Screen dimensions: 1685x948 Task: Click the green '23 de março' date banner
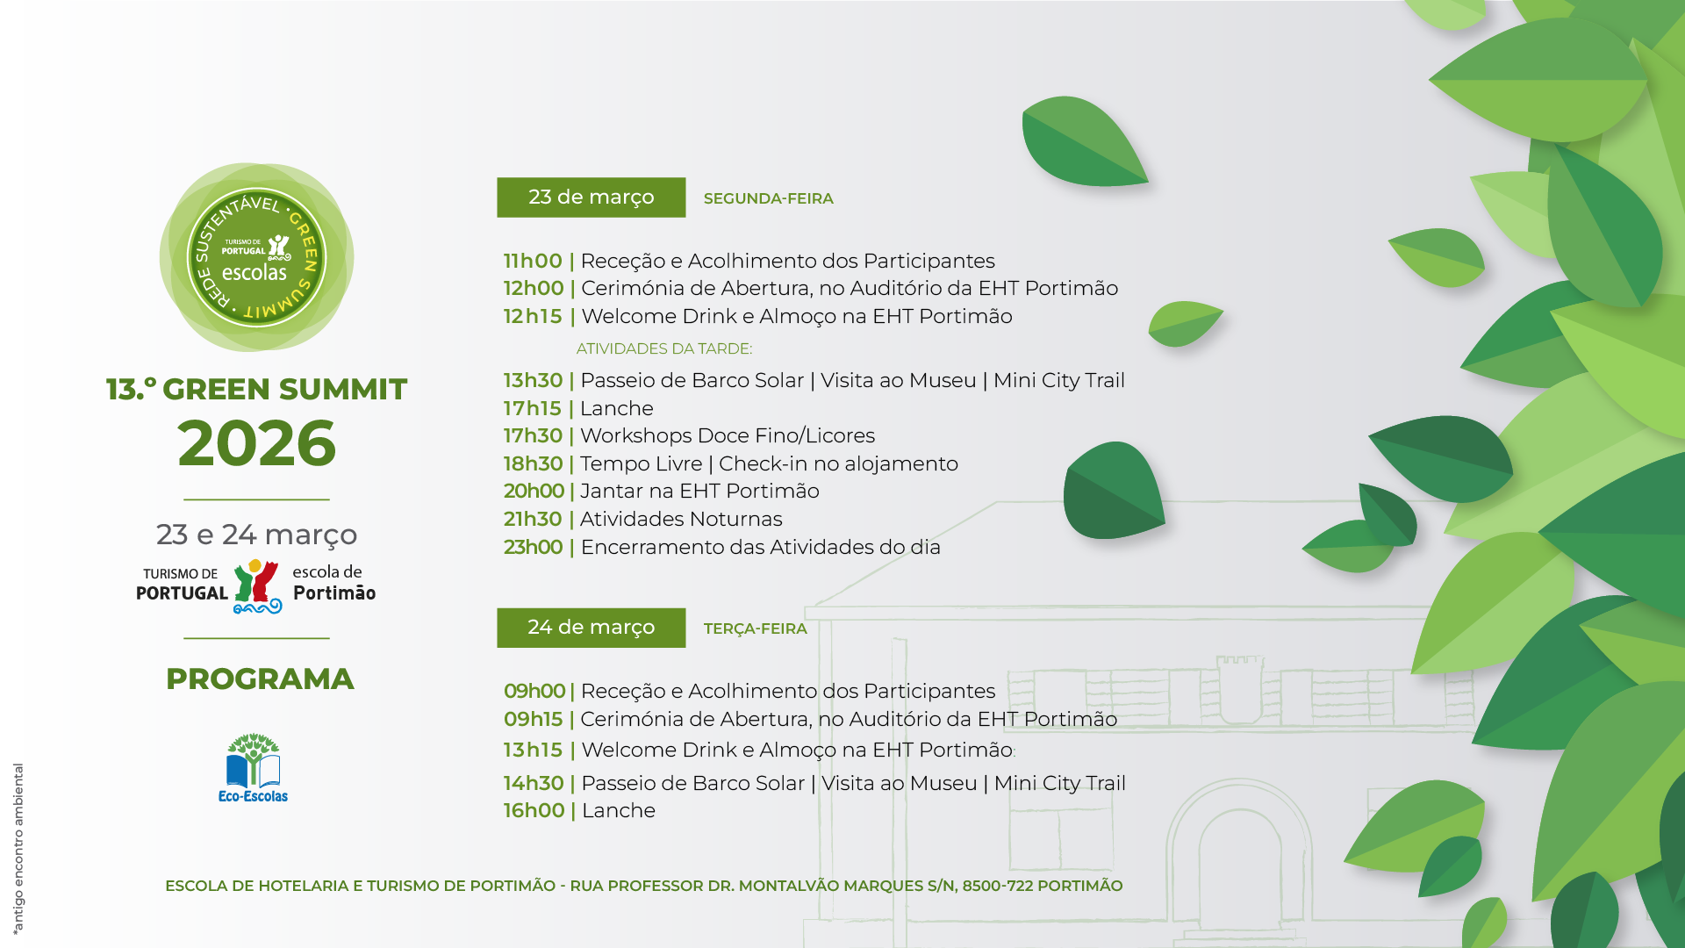tap(591, 197)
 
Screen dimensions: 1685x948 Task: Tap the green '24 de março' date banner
tap(591, 628)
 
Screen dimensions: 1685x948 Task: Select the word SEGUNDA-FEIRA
tap(768, 198)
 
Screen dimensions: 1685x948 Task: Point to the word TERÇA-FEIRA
tap(755, 628)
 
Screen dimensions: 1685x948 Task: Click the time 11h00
tap(533, 261)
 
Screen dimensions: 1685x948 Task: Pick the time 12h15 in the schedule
tap(533, 316)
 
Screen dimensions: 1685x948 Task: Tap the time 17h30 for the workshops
tap(533, 435)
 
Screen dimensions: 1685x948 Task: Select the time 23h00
tap(533, 547)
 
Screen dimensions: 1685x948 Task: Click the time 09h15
tap(533, 719)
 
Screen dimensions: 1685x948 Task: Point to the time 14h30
tap(534, 783)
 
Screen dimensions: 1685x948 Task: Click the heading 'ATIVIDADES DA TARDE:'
tap(664, 348)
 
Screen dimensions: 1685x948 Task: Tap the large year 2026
tap(256, 442)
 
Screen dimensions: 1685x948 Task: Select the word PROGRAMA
tap(260, 679)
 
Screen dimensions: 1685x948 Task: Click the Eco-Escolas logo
tap(253, 768)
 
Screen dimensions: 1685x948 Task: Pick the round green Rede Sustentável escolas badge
tap(256, 257)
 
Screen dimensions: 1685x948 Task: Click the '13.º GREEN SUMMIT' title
tap(256, 389)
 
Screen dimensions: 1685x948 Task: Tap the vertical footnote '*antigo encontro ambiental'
tap(18, 848)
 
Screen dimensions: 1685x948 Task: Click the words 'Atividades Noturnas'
tap(681, 519)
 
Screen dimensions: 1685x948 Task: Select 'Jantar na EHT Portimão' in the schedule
tap(699, 491)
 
